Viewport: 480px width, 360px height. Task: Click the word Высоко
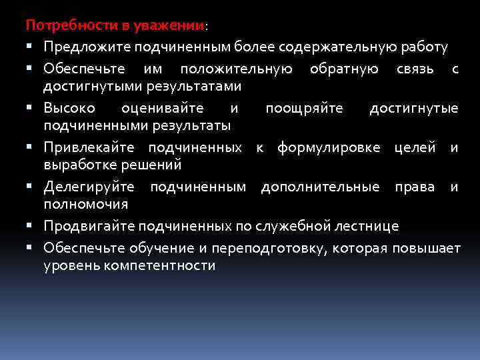coord(69,108)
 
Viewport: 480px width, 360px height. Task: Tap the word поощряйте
coord(304,108)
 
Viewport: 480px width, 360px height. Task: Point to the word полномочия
coord(85,203)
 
